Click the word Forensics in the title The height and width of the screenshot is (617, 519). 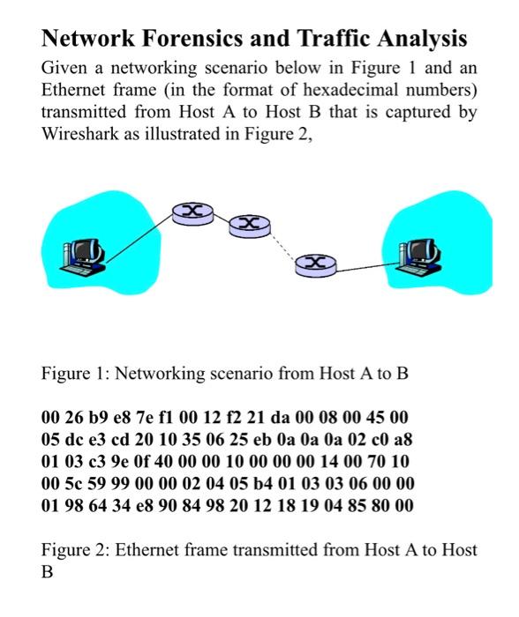[x=186, y=39]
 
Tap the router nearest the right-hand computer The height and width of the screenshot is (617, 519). [x=311, y=263]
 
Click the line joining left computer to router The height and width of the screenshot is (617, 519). [x=141, y=235]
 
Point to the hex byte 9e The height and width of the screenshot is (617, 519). [x=117, y=461]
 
